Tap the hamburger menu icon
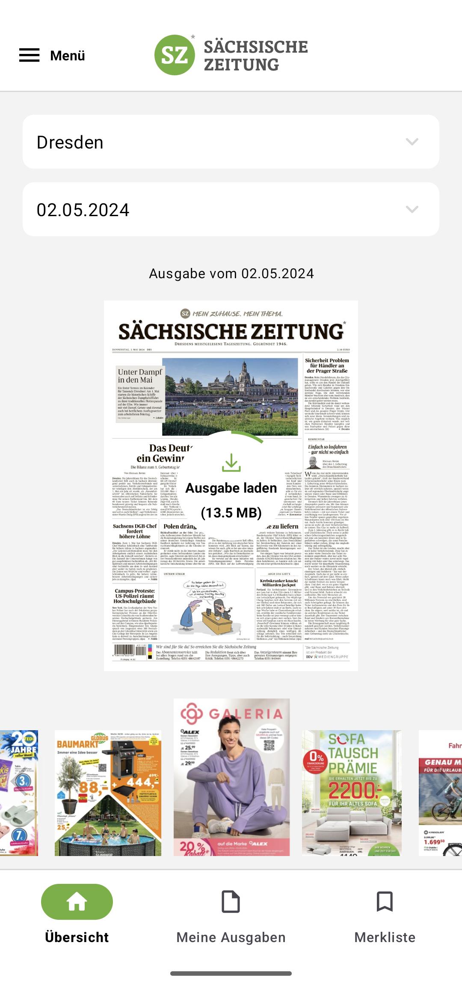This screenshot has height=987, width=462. (x=29, y=55)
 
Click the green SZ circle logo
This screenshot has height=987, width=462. (x=175, y=55)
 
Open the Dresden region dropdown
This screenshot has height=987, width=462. (x=231, y=142)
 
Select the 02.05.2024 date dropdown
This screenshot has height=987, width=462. (x=231, y=209)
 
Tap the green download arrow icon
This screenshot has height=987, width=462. (x=231, y=463)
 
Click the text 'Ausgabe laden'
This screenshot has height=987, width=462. (x=231, y=488)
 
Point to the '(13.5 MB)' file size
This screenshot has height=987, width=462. (x=231, y=512)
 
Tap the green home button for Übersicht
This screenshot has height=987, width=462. (x=77, y=901)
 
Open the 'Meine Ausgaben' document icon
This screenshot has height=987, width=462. (x=231, y=901)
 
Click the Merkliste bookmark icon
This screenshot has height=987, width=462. (x=385, y=901)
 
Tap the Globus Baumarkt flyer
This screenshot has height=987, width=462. (x=108, y=793)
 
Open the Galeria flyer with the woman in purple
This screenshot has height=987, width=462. (x=231, y=777)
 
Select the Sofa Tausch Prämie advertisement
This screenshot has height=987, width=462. (x=352, y=793)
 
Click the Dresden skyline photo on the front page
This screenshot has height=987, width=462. (x=230, y=397)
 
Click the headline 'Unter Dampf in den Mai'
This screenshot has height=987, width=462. (x=140, y=376)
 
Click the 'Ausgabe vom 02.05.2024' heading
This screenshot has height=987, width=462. (x=231, y=274)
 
